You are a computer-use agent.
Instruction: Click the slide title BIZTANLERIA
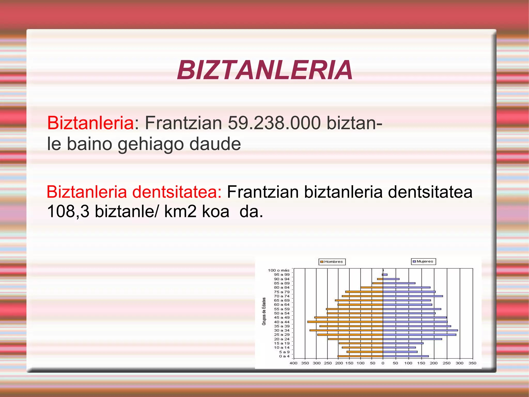click(265, 70)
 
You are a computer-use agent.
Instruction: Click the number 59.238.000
click(274, 123)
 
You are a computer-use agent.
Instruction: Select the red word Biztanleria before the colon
click(90, 123)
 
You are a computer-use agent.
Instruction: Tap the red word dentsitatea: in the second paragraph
click(177, 192)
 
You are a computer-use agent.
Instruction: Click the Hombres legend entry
click(332, 262)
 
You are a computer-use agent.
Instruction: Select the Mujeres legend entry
click(424, 261)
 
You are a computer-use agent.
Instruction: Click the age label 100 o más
click(278, 270)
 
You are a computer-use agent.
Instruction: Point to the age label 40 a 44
click(282, 322)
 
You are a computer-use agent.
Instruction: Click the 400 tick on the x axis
click(293, 363)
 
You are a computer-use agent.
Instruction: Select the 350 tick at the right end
click(472, 363)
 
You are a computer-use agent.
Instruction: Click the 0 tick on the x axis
click(383, 363)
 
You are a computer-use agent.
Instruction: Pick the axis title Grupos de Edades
click(264, 311)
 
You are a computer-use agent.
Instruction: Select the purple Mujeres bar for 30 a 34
click(420, 330)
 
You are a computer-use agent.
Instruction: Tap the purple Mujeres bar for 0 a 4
click(406, 356)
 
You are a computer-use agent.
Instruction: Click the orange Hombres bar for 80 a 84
click(372, 287)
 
